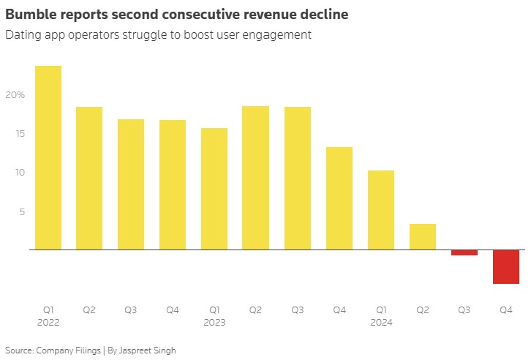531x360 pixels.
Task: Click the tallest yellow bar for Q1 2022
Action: [x=48, y=157]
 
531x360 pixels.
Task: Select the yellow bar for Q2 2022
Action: [x=89, y=178]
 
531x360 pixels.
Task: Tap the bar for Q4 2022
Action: [x=173, y=184]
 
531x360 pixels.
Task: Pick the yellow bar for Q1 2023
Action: [x=214, y=189]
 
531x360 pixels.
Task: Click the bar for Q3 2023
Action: [x=298, y=178]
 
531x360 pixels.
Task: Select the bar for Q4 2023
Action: [x=339, y=198]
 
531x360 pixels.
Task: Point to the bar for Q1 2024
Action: [x=381, y=210]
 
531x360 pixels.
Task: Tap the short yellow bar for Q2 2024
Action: [x=423, y=236]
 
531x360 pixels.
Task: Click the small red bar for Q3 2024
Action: [x=464, y=252]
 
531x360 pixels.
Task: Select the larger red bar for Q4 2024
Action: [x=506, y=266]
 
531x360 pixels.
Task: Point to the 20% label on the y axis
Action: [x=15, y=95]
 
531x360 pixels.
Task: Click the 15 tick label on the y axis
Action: [x=18, y=134]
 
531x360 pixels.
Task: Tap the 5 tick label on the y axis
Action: [x=21, y=212]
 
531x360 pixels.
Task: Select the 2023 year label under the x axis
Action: [x=214, y=323]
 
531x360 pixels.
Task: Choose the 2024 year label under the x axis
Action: [x=381, y=323]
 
